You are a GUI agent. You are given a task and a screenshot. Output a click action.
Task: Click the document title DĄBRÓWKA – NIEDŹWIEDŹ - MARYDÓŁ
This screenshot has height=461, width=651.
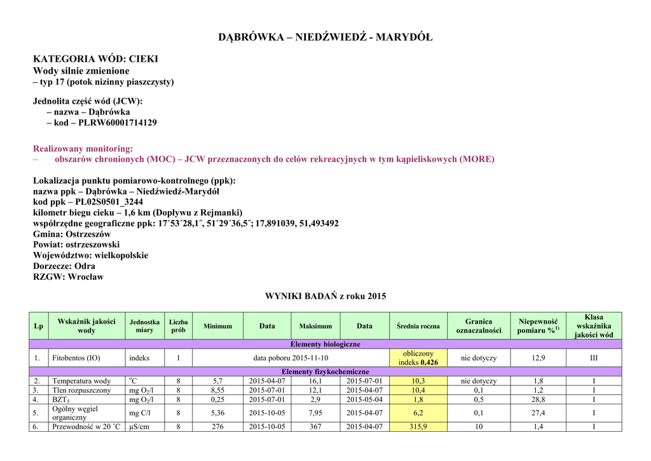coord(325,37)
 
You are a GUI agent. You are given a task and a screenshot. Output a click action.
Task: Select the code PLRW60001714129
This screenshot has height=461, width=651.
coord(118,122)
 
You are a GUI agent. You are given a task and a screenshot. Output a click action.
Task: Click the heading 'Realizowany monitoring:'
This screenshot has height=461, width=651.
coord(83,148)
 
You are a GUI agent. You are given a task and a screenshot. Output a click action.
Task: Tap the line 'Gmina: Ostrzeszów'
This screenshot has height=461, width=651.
coord(72,234)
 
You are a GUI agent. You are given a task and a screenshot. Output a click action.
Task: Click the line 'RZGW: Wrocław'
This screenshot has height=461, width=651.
coord(68,277)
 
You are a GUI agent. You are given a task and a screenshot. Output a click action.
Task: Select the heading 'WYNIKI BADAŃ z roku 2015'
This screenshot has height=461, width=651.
coord(325,296)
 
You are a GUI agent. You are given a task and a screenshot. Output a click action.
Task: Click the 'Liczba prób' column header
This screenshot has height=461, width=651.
coord(178,326)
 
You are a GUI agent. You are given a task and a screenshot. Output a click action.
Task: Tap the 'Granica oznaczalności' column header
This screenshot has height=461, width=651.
coord(479,326)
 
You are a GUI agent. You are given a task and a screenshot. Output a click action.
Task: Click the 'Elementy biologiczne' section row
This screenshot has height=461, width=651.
coord(325,344)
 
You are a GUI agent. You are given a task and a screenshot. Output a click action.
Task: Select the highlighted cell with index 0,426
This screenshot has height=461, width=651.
coord(418,358)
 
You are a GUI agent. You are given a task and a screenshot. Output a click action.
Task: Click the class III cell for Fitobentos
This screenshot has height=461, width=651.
coord(594,358)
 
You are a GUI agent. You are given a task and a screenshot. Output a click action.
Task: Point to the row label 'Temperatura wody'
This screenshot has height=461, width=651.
coord(81,381)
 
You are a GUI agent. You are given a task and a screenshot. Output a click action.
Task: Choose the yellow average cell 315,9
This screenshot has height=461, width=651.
coord(418,427)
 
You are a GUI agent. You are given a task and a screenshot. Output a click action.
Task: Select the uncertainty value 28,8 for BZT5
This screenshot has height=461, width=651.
coord(538,399)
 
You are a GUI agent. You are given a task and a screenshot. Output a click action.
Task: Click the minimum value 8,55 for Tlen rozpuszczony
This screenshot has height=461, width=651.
coord(217,390)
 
